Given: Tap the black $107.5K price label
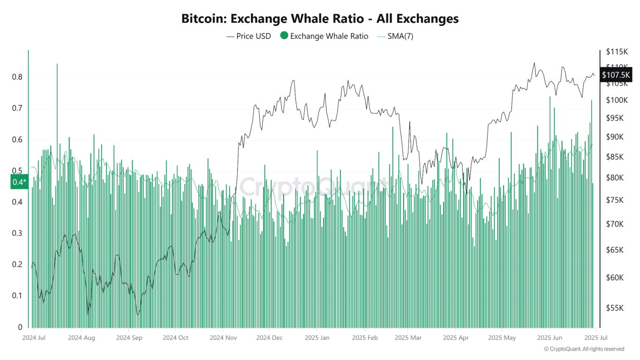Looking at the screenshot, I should pyautogui.click(x=616, y=75).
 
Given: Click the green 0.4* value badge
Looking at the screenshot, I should pyautogui.click(x=19, y=182).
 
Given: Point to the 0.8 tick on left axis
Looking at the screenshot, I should pyautogui.click(x=17, y=77).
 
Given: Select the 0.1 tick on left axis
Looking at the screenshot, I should pyautogui.click(x=17, y=296).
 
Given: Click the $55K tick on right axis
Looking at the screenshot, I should pyautogui.click(x=614, y=308).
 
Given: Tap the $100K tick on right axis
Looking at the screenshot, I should pyautogui.click(x=616, y=100).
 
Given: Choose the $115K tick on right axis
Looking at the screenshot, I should pyautogui.click(x=616, y=52).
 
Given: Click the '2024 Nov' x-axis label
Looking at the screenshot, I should pyautogui.click(x=223, y=337).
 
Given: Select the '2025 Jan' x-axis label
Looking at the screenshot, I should pyautogui.click(x=317, y=337).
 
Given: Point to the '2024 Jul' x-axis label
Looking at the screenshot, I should pyautogui.click(x=34, y=337).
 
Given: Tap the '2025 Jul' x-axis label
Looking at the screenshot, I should pyautogui.click(x=595, y=337).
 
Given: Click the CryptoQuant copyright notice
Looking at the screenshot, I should pyautogui.click(x=584, y=349).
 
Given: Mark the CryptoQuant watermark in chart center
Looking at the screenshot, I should pyautogui.click(x=314, y=186).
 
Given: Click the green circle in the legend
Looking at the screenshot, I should pyautogui.click(x=284, y=36).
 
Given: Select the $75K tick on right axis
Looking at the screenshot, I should pyautogui.click(x=614, y=200).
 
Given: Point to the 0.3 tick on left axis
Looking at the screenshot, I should pyautogui.click(x=17, y=233).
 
